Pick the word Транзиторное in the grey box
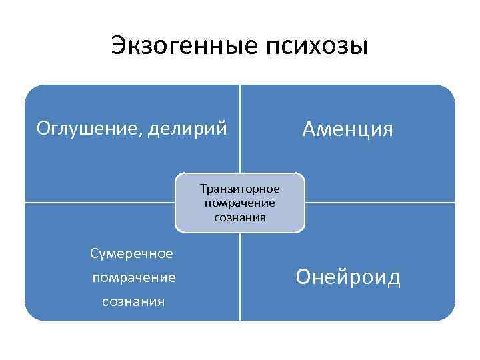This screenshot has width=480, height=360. [x=240, y=189]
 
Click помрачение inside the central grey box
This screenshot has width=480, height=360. [x=240, y=203]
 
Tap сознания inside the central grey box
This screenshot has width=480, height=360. [x=240, y=217]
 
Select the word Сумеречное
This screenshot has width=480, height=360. [x=132, y=253]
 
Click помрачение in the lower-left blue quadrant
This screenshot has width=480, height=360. [x=134, y=277]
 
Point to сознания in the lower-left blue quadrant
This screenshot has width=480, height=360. [x=133, y=301]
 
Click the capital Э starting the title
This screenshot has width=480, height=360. [x=118, y=47]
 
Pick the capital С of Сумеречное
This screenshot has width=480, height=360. [x=94, y=253]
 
